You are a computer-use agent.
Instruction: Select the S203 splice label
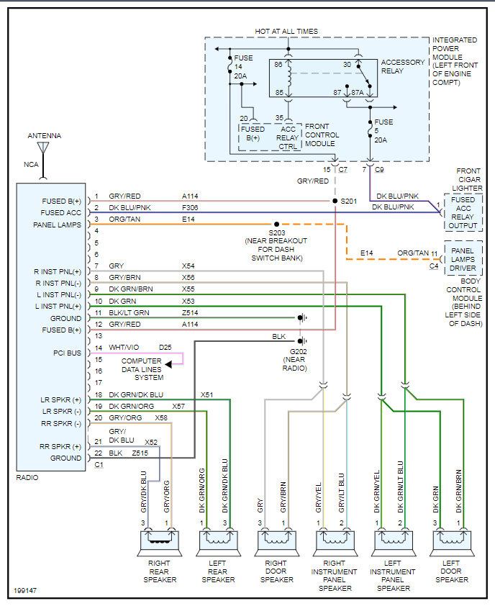(277, 232)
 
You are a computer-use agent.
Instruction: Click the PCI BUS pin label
(67, 353)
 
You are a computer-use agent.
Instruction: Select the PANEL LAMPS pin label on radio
(58, 224)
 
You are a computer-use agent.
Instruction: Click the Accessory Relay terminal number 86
(278, 65)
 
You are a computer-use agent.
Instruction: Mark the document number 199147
(24, 591)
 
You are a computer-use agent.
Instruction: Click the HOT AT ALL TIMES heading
(286, 32)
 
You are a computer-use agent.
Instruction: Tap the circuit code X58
(161, 417)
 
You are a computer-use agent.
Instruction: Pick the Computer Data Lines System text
(142, 368)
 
